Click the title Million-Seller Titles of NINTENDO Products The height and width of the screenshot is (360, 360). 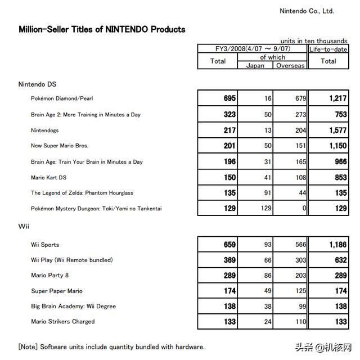pos(102,29)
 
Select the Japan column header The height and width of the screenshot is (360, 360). pos(255,65)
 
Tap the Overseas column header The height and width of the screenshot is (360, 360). pos(290,65)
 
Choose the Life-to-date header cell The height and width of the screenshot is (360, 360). pos(328,49)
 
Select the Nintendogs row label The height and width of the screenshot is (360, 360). pos(46,130)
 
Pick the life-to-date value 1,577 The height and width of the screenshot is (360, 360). pos(336,130)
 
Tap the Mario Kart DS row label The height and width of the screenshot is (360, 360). pos(49,177)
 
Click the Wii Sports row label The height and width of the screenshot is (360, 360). pos(45,245)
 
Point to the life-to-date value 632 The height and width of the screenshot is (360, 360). pos(340,260)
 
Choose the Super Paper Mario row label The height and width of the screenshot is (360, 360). pos(56,291)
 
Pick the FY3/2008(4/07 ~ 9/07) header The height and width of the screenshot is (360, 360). pos(252,49)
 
